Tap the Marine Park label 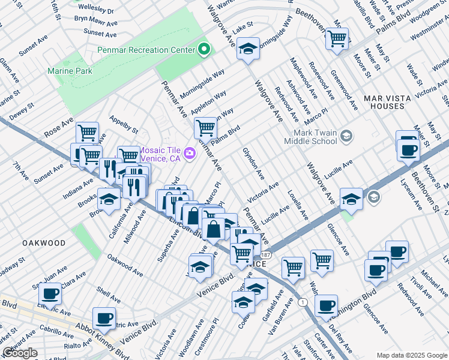click(70, 71)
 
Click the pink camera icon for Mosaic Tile click(190, 154)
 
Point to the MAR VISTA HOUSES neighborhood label click(384, 101)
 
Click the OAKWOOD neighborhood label click(44, 243)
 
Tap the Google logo click(20, 353)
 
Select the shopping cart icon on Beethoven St click(337, 38)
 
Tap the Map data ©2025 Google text click(412, 355)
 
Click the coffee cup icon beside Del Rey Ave click(326, 305)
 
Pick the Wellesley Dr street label click(95, 10)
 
